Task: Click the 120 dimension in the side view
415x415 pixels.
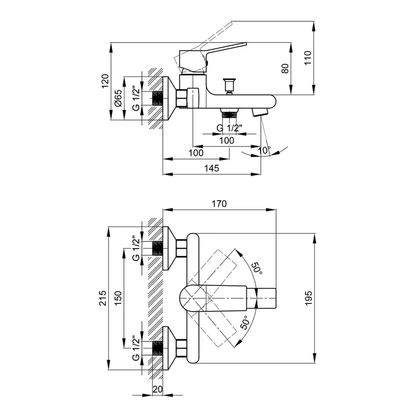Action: pyautogui.click(x=105, y=81)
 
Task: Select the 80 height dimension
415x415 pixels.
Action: pyautogui.click(x=285, y=69)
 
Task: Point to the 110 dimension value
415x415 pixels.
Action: pyautogui.click(x=308, y=57)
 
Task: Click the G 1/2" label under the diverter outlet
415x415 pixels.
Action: pyautogui.click(x=229, y=128)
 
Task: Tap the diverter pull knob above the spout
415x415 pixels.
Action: pyautogui.click(x=229, y=85)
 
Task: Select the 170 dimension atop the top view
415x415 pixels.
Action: pyautogui.click(x=220, y=203)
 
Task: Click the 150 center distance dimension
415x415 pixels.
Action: pyautogui.click(x=119, y=298)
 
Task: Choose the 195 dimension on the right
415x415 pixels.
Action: pyautogui.click(x=308, y=298)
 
